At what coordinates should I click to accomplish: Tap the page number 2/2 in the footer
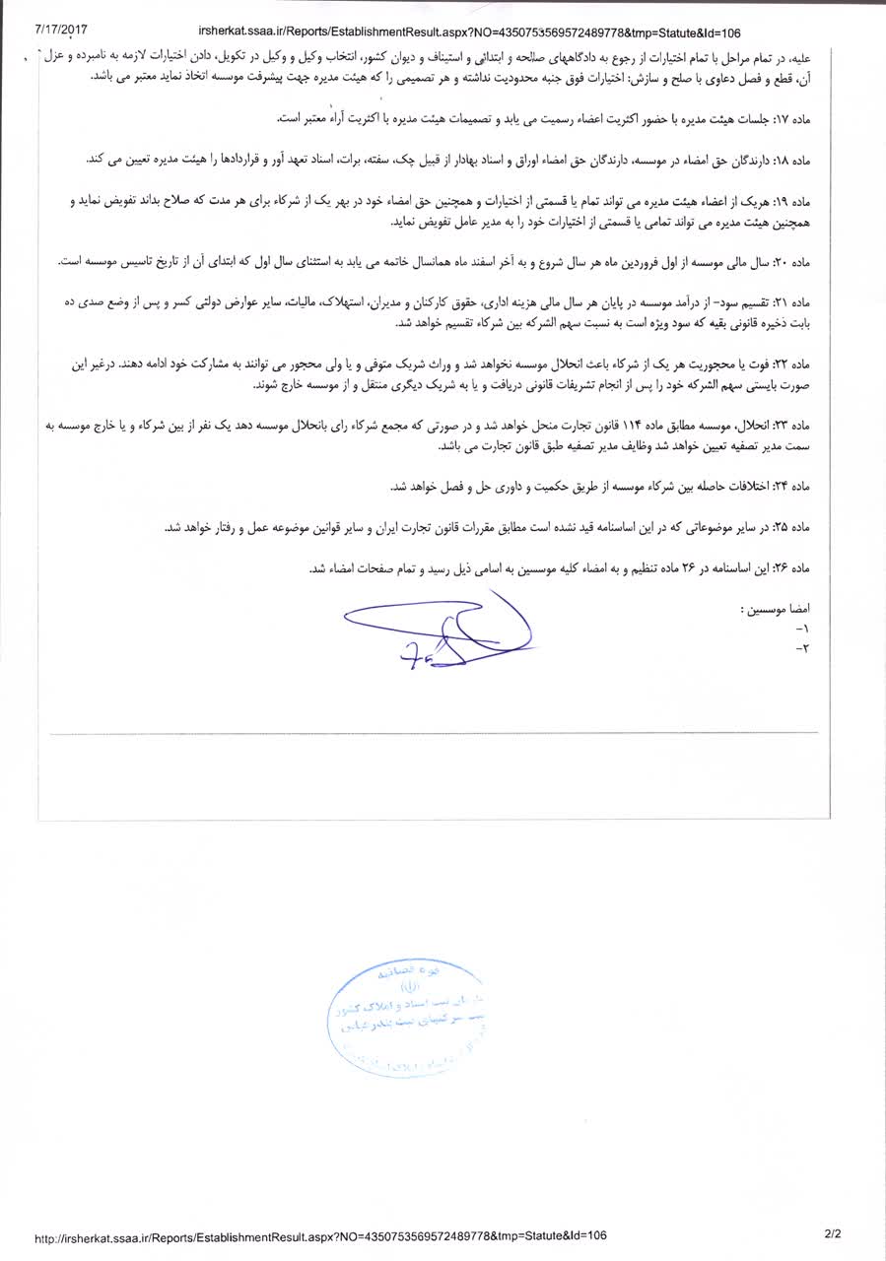tap(833, 1232)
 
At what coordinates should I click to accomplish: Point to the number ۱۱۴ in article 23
tap(625, 426)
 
